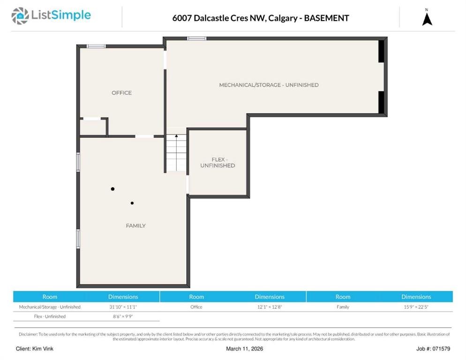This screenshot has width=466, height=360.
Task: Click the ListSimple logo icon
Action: pos(20,16)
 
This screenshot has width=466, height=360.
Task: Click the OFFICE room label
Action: pos(121,93)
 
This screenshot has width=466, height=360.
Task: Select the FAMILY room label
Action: pos(135,225)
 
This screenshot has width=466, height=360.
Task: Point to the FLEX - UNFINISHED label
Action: pos(218,162)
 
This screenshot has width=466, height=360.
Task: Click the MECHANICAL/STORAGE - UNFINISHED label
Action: pos(269,85)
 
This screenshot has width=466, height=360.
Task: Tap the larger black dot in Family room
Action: pos(113,189)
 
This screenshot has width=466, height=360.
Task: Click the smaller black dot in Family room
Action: pos(132,203)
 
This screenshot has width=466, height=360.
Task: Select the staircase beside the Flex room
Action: pos(176,153)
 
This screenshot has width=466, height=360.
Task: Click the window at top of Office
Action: pos(96,46)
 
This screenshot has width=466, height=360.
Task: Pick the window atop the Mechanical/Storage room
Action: pos(196,38)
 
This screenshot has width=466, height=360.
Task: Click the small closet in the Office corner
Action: pos(93,127)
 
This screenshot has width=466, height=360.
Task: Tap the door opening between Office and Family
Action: pos(144,136)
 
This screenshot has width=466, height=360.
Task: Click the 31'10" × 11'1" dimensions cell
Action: pos(123,307)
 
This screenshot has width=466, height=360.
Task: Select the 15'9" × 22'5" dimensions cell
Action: pos(416,307)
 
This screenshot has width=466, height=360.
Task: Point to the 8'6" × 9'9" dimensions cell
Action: pos(123,316)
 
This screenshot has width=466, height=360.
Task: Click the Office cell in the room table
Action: pos(196,307)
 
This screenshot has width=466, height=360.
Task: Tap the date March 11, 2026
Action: pos(244,349)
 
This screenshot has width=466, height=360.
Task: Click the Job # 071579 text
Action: pos(433,349)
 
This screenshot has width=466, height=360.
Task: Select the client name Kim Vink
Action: pos(43,349)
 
